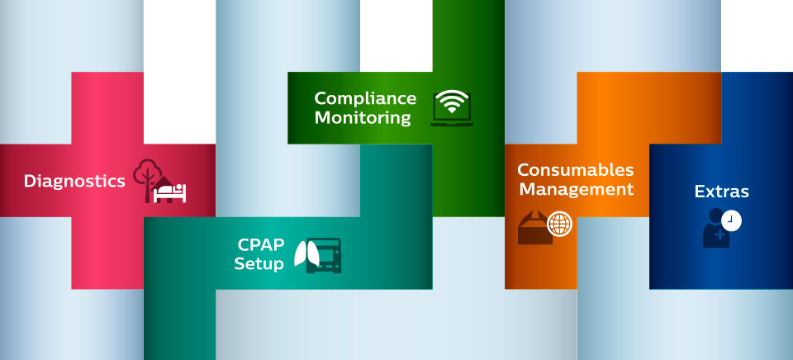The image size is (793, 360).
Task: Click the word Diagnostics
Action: coord(74,181)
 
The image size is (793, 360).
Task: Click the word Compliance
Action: coord(365,98)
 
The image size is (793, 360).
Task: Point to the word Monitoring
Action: coord(363,118)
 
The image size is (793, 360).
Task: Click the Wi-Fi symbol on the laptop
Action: coord(451,103)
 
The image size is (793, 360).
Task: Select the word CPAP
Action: coord(261,245)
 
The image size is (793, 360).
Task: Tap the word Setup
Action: coord(259,264)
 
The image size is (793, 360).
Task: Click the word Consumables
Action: coord(576,170)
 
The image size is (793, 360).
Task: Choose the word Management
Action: coord(576,189)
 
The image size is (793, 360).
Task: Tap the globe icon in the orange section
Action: coord(559,224)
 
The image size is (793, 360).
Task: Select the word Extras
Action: coord(721,192)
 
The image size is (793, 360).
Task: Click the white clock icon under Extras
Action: coord(731,220)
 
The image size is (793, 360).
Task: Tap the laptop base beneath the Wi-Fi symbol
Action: coord(452,124)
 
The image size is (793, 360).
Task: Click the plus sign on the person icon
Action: coord(720,235)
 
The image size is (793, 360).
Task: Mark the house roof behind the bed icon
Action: coord(166,179)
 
